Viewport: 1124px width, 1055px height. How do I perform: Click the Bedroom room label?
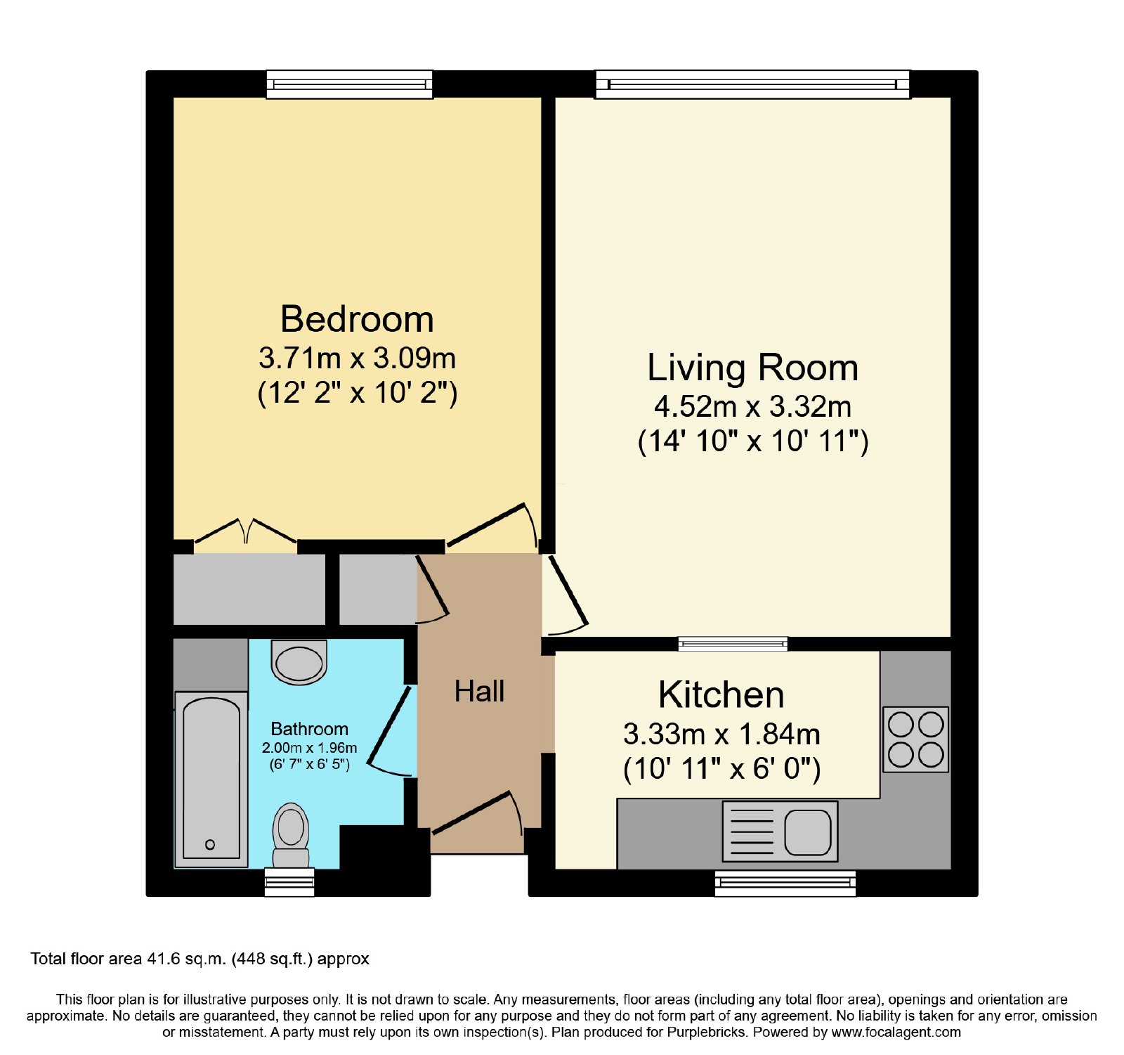pos(357,319)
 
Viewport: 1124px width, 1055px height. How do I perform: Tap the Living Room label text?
pos(752,368)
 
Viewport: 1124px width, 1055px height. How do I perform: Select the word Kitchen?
pos(721,694)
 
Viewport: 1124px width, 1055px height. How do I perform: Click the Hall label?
pos(479,691)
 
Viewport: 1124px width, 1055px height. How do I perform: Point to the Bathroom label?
pos(309,729)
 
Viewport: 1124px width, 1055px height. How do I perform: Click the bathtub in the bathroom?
pos(211,779)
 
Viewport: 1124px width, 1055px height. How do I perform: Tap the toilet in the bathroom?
pos(291,835)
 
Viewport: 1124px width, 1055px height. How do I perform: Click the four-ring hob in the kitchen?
pos(915,739)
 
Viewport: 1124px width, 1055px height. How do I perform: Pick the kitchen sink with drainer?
pos(780,831)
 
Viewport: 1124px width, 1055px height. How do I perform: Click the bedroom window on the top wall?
pos(349,84)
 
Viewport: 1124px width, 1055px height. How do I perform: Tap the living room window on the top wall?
pos(752,84)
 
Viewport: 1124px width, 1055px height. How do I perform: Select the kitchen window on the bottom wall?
pos(785,884)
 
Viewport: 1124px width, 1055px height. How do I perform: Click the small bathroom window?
pos(289,883)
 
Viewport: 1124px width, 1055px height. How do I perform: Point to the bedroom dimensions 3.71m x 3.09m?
pos(358,358)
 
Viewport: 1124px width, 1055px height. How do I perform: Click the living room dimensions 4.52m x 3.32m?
pos(753,406)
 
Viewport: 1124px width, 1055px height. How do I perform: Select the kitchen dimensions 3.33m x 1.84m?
pos(721,734)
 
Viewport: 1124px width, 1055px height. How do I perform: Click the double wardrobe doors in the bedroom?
pos(245,531)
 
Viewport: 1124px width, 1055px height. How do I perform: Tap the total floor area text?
pos(200,959)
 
